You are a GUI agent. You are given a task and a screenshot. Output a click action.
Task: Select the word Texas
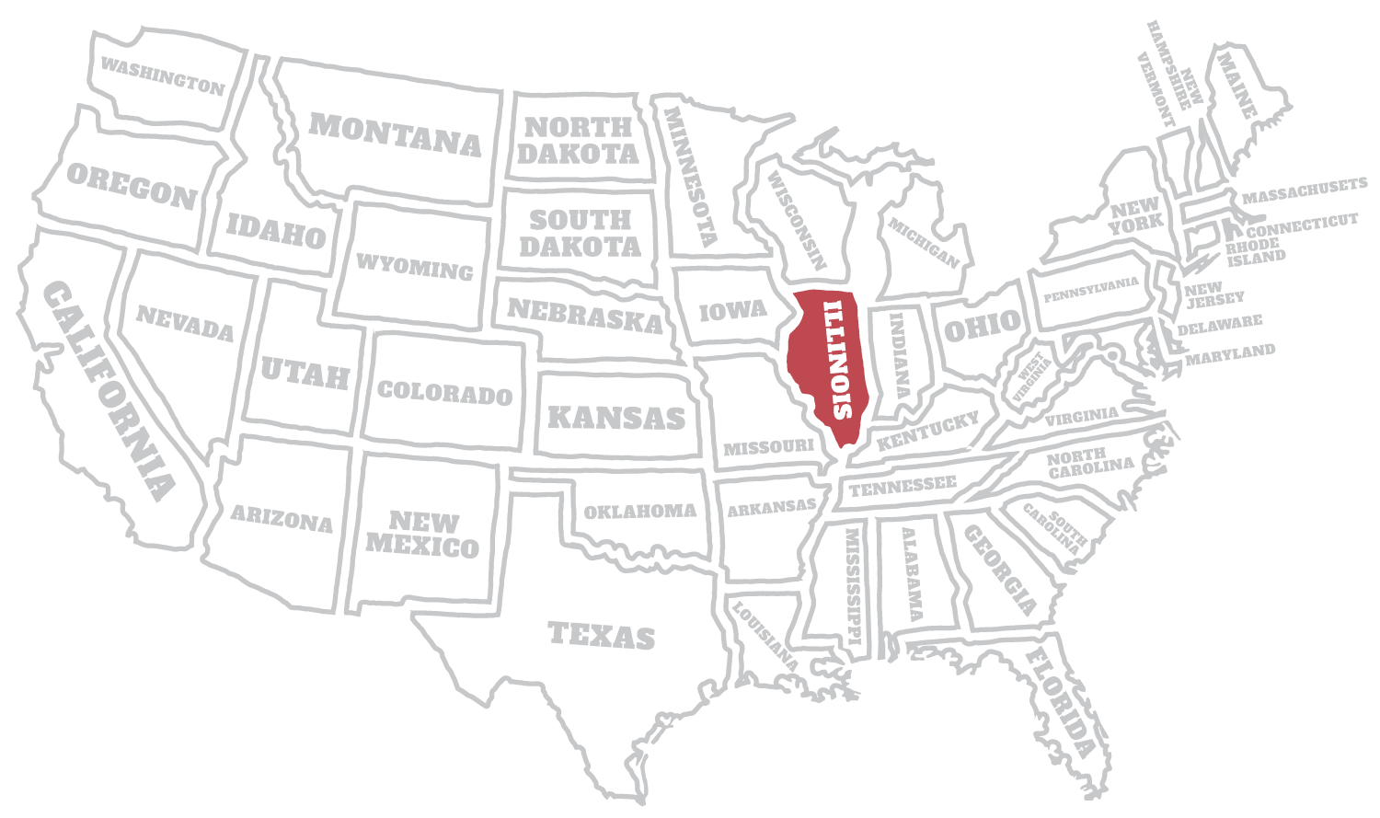602,634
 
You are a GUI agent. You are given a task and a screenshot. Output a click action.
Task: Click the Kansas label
616,417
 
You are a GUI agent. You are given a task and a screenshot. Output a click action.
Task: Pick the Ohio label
983,325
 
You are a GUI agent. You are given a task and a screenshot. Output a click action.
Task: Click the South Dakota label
581,233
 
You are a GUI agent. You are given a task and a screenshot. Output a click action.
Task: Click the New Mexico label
423,535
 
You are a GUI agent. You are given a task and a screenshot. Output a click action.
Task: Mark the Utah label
305,373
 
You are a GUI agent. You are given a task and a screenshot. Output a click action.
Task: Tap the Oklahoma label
640,511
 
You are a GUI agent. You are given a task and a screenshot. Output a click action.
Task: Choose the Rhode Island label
1255,249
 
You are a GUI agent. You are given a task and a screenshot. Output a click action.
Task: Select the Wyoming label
415,266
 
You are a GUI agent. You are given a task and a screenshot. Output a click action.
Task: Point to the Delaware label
1220,324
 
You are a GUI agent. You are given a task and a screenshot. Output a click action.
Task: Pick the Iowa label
733,310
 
